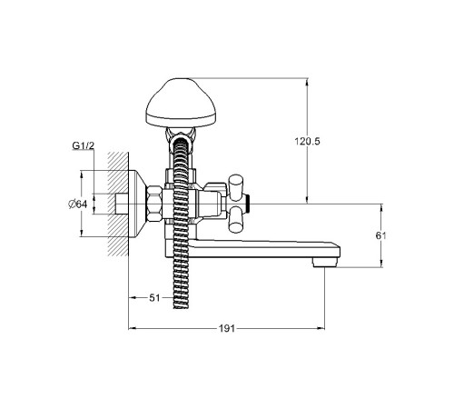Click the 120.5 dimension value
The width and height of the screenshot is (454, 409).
coord(307,141)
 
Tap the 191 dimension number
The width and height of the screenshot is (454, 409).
coord(227,328)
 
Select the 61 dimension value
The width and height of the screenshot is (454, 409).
coord(381,235)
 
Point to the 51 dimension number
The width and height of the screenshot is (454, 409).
coord(154,298)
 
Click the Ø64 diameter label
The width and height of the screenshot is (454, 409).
coord(78,204)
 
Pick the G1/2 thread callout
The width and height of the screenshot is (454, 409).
coord(84,145)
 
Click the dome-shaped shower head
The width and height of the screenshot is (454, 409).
coord(181,102)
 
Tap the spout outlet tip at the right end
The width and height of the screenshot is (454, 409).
coord(325,262)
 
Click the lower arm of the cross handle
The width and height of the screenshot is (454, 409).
coord(235,222)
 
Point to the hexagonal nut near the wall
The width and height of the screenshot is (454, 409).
coord(154,204)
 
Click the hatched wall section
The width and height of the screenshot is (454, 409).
coord(118,204)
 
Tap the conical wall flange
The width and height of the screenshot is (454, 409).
coord(138,204)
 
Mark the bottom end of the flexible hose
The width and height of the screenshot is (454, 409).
coord(181,307)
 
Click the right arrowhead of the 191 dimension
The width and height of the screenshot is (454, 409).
coord(321,328)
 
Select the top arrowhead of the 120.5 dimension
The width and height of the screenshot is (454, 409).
coord(307,82)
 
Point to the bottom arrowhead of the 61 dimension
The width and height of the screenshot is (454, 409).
coord(381,264)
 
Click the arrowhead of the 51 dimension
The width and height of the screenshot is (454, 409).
coord(133,298)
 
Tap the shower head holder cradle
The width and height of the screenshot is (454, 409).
coord(181,135)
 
